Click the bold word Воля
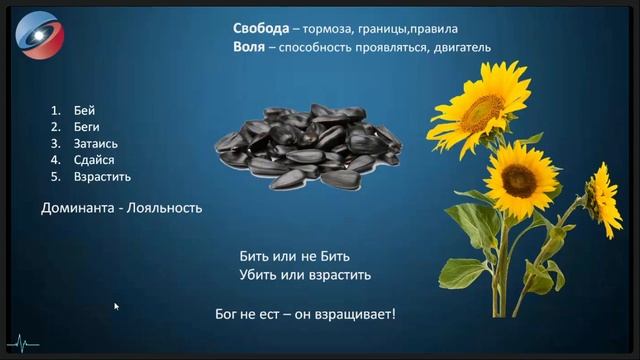click(x=250, y=47)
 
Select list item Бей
click(x=84, y=111)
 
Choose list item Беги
click(x=87, y=128)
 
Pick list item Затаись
click(x=96, y=144)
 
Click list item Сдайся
click(x=93, y=160)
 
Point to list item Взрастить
click(x=102, y=177)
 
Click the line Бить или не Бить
click(x=295, y=256)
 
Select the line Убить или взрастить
click(x=305, y=274)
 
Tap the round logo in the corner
click(x=38, y=36)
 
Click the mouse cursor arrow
click(x=117, y=307)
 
